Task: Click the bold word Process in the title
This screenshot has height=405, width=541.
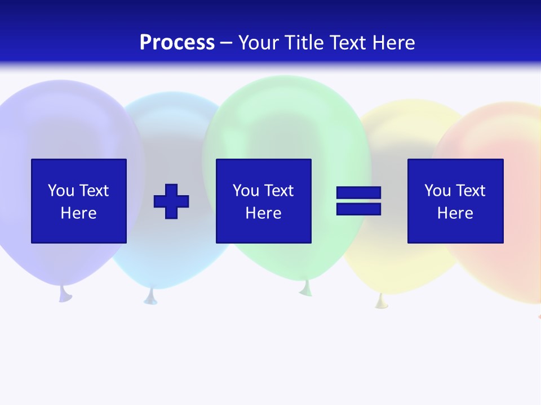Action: click(177, 43)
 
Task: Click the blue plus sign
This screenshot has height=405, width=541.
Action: click(171, 201)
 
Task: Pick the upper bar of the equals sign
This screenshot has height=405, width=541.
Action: click(358, 193)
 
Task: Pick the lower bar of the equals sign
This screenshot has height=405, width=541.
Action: click(358, 209)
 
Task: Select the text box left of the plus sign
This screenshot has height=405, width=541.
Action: click(79, 201)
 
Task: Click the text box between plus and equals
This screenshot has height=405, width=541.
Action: click(263, 201)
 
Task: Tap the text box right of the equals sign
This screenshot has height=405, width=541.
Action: click(455, 201)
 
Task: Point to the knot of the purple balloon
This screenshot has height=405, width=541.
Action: click(65, 294)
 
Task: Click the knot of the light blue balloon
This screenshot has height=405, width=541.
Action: click(150, 296)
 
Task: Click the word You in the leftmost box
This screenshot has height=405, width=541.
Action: click(61, 191)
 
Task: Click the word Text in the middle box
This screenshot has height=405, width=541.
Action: click(278, 191)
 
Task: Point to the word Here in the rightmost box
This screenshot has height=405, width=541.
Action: click(455, 213)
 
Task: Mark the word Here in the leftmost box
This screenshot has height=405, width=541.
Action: click(79, 213)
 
